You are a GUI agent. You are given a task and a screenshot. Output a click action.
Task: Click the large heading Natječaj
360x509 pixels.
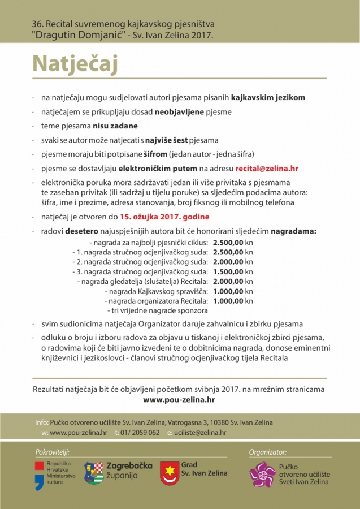75,63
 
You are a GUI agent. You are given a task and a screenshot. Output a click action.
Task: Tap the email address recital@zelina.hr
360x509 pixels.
267,168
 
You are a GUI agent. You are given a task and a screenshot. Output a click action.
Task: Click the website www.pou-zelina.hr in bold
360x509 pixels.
179,399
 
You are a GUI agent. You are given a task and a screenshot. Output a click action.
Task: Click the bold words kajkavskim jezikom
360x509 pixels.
268,97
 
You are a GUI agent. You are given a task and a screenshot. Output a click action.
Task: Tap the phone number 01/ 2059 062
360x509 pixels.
140,433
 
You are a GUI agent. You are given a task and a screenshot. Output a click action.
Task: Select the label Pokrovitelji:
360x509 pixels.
52,452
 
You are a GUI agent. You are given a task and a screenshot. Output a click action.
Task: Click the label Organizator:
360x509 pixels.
267,452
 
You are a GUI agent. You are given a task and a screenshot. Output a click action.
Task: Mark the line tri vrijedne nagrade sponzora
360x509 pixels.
157,310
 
